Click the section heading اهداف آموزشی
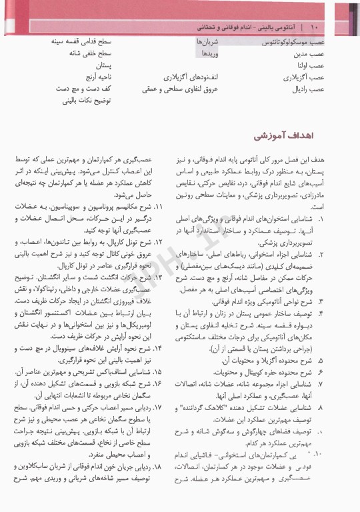pos(281,136)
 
